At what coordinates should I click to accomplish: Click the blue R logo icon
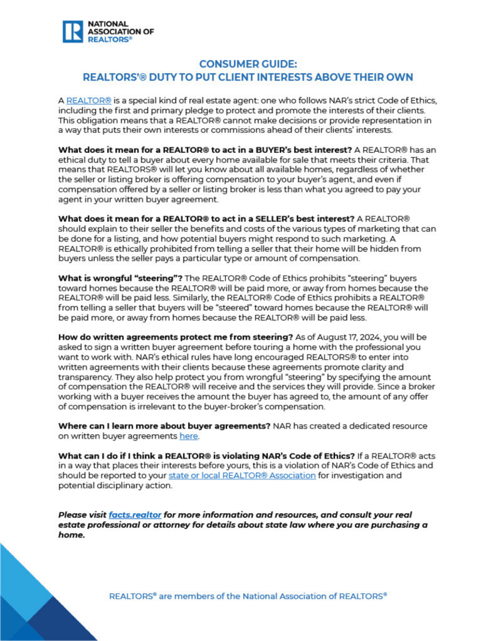[x=73, y=31]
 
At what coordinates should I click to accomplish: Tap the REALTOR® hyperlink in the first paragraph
[x=88, y=100]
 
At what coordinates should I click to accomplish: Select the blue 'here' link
[x=188, y=435]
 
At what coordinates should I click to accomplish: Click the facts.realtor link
[x=135, y=513]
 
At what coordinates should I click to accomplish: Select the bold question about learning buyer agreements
[x=164, y=425]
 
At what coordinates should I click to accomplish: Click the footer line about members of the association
[x=248, y=596]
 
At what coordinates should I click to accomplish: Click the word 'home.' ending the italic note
[x=71, y=536]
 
